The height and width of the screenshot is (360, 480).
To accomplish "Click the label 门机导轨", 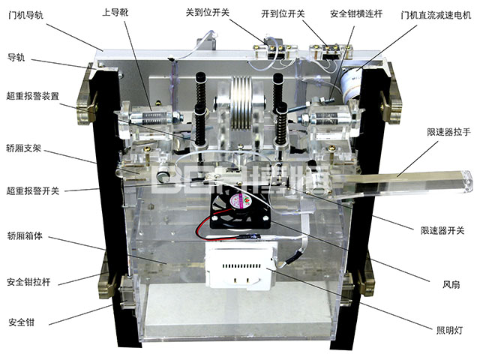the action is [26, 15].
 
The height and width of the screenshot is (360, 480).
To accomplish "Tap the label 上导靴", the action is [115, 12].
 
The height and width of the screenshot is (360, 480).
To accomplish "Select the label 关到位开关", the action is [208, 13].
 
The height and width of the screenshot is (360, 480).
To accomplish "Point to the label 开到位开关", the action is [283, 13].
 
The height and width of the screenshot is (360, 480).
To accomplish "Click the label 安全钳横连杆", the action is [356, 13].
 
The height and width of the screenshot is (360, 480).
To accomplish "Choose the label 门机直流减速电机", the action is [436, 15].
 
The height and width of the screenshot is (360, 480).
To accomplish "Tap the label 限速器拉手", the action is [448, 132].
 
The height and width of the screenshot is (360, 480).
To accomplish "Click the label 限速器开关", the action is [442, 230].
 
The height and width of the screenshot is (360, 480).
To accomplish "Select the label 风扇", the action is [451, 285].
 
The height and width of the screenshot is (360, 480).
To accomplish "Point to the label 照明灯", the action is [449, 330].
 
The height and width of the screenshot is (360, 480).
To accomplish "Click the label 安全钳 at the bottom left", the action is [22, 322].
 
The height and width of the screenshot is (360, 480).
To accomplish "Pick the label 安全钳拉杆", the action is [28, 282].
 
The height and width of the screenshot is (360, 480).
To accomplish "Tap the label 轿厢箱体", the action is [25, 235].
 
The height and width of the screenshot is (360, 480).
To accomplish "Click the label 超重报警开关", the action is [33, 191].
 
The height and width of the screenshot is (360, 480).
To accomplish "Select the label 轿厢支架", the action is [23, 148].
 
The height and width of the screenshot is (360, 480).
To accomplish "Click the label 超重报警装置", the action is [33, 96].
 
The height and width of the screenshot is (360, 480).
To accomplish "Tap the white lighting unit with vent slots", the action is [241, 265].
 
